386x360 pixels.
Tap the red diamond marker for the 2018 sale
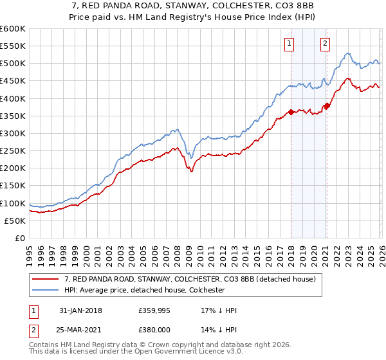click(x=291, y=112)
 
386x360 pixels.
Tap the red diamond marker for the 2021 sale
click(x=327, y=105)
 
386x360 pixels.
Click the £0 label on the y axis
click(x=21, y=239)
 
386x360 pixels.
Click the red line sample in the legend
click(x=46, y=279)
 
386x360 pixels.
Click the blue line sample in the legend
click(x=46, y=290)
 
